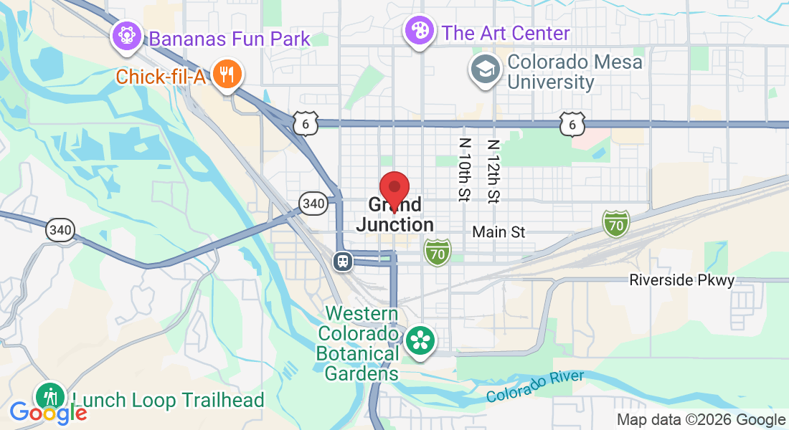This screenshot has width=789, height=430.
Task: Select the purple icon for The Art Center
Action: (x=418, y=31)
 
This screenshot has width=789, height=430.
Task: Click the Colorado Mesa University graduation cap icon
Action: (x=485, y=69)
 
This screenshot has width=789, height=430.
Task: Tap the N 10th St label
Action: (x=464, y=169)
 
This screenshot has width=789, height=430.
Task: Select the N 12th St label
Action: (x=493, y=169)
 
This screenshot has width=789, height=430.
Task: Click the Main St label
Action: (x=499, y=232)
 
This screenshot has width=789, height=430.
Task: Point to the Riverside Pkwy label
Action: (x=682, y=280)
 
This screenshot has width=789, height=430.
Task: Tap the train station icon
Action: (x=343, y=261)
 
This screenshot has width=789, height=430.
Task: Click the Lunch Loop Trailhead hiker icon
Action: (x=51, y=395)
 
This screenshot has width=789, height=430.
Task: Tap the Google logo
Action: (x=48, y=413)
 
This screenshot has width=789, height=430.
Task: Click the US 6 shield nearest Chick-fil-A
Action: (x=305, y=123)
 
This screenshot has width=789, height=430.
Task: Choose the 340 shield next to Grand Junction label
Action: (x=313, y=204)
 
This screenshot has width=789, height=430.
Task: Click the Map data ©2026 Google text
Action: (x=701, y=420)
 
